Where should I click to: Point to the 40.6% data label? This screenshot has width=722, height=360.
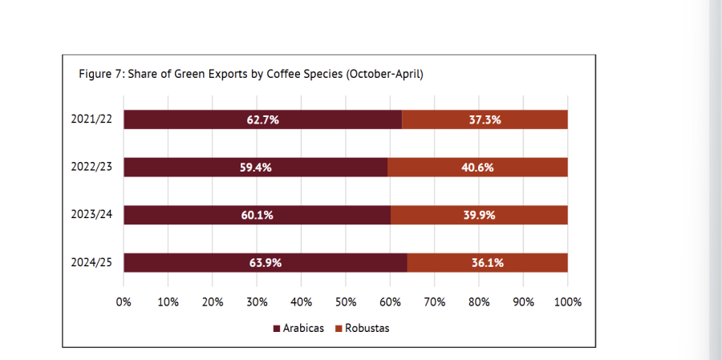click(477, 168)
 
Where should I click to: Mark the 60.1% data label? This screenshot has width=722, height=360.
click(257, 215)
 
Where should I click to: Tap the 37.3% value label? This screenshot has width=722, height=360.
click(485, 119)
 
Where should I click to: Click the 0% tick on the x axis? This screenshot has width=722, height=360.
click(124, 302)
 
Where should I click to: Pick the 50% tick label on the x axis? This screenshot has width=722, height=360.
click(346, 302)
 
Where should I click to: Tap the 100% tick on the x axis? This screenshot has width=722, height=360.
click(566, 302)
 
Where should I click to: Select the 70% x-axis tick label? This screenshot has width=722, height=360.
click(435, 302)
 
